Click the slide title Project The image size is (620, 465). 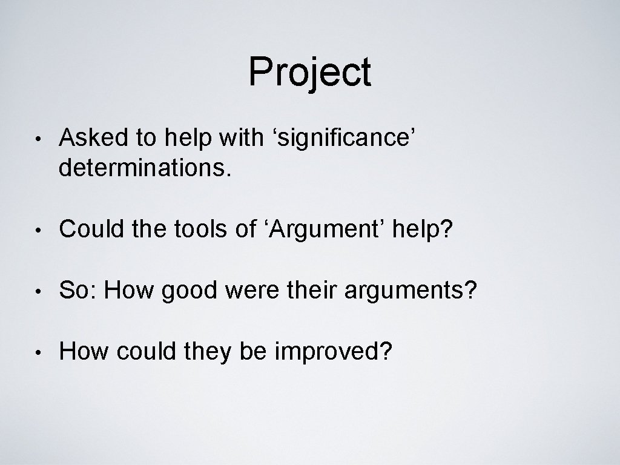click(309, 73)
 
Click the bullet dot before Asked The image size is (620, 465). click(38, 140)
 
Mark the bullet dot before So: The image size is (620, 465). click(38, 292)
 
